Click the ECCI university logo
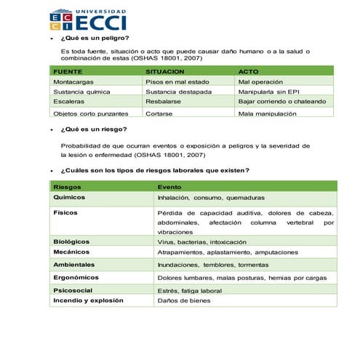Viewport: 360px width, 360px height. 88,20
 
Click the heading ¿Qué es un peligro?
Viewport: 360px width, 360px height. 95,38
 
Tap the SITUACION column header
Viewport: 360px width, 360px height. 164,72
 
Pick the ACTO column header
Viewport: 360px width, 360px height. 249,72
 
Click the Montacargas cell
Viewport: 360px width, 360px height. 73,82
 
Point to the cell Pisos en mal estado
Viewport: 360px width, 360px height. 177,82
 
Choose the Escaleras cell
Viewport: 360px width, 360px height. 69,103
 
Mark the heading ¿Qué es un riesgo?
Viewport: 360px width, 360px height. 93,129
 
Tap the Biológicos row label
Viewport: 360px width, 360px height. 72,241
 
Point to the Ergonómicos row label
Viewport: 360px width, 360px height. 76,277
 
